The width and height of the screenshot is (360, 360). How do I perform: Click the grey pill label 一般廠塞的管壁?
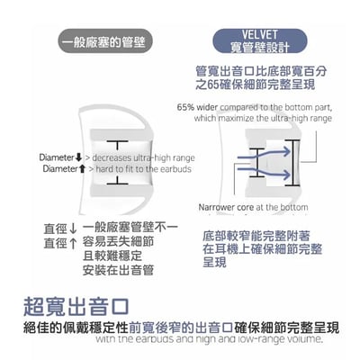106,41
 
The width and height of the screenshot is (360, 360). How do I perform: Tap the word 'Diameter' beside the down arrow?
61,157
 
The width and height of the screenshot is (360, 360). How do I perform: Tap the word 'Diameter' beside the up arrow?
61,168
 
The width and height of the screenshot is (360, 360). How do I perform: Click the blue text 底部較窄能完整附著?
259,232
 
